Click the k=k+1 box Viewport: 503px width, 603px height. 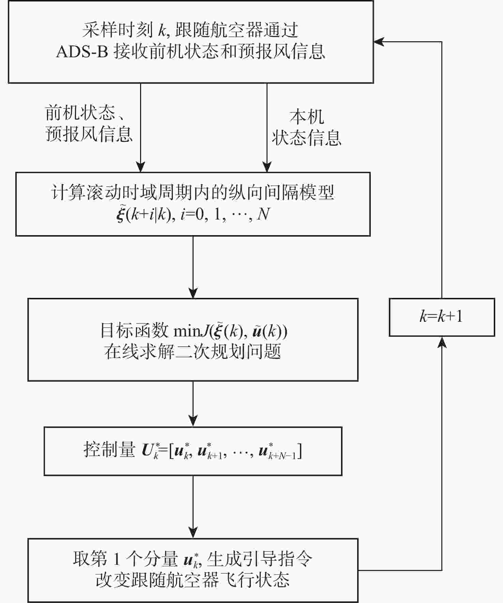[x=442, y=317]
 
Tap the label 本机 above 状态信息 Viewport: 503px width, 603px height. [x=306, y=117]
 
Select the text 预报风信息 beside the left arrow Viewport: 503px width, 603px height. [x=89, y=134]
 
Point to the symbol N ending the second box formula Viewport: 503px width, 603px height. [x=263, y=214]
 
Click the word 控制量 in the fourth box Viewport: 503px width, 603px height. [x=109, y=450]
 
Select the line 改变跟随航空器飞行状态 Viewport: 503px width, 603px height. [x=193, y=580]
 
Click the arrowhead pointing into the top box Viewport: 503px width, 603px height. [x=378, y=42]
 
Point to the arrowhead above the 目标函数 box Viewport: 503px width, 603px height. [x=193, y=293]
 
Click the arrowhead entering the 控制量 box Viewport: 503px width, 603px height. [x=193, y=421]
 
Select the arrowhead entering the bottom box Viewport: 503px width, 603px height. [x=193, y=533]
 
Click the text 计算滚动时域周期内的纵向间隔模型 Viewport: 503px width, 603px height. [x=193, y=193]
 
